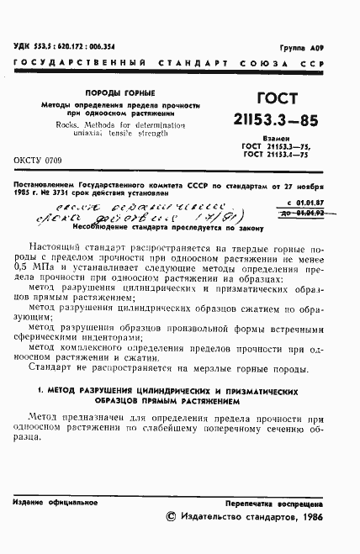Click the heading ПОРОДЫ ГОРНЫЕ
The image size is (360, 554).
tap(124, 92)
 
